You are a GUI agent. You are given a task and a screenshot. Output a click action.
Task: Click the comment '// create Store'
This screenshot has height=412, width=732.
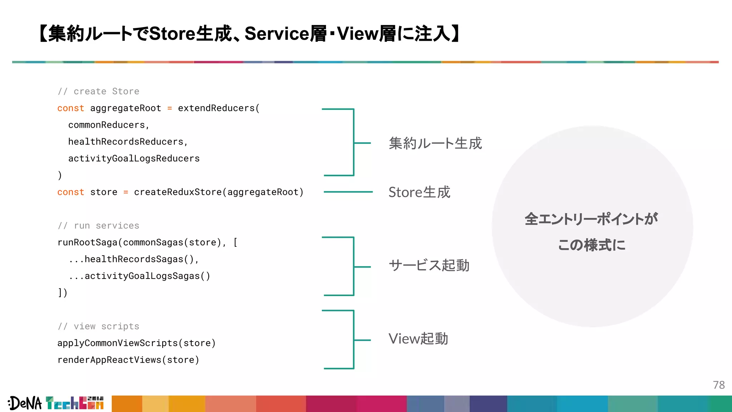click(x=98, y=92)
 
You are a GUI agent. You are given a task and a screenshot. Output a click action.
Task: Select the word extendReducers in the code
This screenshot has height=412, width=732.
click(x=216, y=108)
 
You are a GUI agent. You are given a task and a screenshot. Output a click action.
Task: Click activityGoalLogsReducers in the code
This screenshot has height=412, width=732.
click(x=134, y=158)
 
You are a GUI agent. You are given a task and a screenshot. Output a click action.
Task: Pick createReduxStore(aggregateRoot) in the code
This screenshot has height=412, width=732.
click(x=218, y=192)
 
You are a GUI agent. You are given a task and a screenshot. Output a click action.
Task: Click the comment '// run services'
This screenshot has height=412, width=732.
click(x=98, y=226)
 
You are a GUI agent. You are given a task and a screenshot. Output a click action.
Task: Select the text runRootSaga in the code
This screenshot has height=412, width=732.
click(x=88, y=242)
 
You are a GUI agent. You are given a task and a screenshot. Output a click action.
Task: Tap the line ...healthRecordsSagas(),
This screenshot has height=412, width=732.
click(x=134, y=259)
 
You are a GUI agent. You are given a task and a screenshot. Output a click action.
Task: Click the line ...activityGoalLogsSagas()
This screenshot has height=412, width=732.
click(x=139, y=276)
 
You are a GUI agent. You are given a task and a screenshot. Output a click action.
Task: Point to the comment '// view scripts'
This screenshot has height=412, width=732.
click(x=98, y=327)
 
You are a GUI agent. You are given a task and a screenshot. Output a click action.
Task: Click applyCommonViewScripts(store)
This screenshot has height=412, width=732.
click(x=137, y=343)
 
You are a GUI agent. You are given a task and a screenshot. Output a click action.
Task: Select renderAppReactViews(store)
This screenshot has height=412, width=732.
click(x=128, y=360)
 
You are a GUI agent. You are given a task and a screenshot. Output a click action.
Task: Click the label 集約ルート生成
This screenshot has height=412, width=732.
click(x=435, y=143)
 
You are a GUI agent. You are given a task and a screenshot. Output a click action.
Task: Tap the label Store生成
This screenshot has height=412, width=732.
click(x=419, y=192)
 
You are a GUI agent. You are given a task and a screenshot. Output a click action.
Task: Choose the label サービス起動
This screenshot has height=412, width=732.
click(x=429, y=265)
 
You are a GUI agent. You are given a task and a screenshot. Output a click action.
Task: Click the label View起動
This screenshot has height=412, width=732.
click(x=418, y=339)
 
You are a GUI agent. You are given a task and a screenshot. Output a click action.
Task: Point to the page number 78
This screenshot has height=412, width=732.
click(x=718, y=385)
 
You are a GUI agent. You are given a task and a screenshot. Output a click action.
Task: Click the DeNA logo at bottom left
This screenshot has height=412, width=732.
click(x=25, y=403)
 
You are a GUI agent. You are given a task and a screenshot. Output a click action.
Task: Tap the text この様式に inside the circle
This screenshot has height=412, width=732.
click(x=592, y=245)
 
